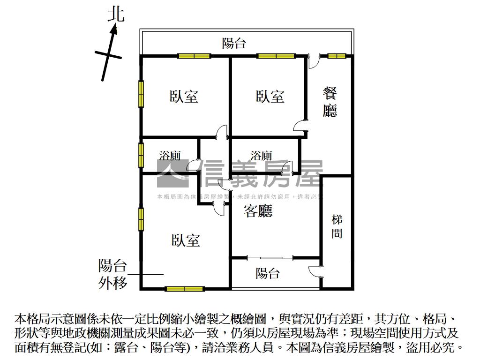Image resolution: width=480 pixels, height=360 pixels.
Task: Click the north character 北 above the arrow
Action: pyautogui.click(x=116, y=14)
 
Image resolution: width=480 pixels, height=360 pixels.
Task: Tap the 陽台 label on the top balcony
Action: pyautogui.click(x=234, y=44)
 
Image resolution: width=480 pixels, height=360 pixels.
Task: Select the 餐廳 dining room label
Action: pyautogui.click(x=330, y=102)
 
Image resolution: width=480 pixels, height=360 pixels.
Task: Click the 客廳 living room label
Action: pyautogui.click(x=258, y=211)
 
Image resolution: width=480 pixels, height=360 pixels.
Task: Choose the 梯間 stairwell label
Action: pyautogui.click(x=337, y=226)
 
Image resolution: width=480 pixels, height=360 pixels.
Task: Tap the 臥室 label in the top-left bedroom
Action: pyautogui.click(x=184, y=97)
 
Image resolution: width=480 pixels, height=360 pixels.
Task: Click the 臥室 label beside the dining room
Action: pyautogui.click(x=270, y=97)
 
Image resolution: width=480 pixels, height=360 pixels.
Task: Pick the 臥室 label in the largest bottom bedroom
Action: pyautogui.click(x=186, y=240)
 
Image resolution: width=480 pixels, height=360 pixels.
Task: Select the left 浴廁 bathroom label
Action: pyautogui.click(x=170, y=155)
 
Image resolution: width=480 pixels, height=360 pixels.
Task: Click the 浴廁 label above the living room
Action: pyautogui.click(x=261, y=155)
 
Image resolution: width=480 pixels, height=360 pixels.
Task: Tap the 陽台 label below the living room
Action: pyautogui.click(x=268, y=273)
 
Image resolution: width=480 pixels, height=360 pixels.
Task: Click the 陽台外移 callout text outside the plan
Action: pyautogui.click(x=112, y=274)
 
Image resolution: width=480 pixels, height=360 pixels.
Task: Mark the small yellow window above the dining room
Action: pyautogui.click(x=337, y=56)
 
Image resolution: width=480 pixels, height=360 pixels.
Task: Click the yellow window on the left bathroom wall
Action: pyautogui.click(x=141, y=154)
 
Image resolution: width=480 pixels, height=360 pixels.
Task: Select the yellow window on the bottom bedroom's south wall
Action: pyautogui.click(x=184, y=288)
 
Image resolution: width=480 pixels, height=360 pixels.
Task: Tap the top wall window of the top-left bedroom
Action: pyautogui.click(x=194, y=56)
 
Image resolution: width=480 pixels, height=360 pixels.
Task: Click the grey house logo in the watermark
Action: pyautogui.click(x=173, y=173)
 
